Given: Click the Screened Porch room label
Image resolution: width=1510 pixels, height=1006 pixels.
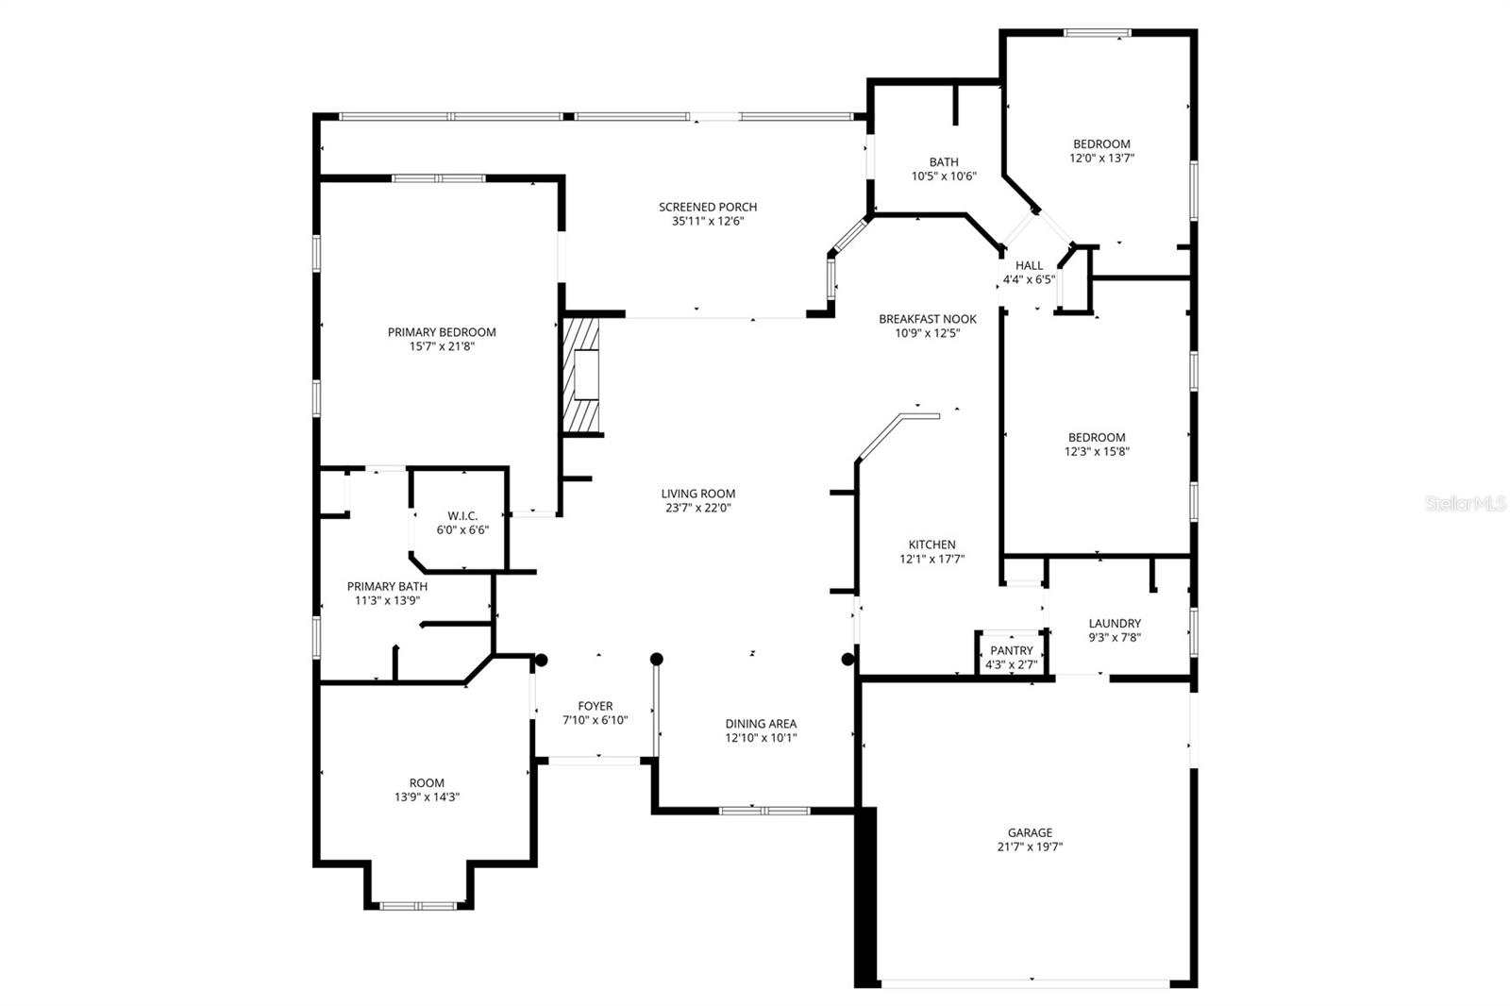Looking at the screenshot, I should tap(708, 208).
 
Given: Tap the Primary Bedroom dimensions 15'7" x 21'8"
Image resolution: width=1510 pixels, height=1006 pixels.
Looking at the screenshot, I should tap(442, 347).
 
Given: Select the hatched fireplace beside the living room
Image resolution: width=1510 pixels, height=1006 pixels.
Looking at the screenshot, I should tap(581, 376).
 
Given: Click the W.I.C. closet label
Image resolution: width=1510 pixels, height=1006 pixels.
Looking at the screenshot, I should tap(462, 516).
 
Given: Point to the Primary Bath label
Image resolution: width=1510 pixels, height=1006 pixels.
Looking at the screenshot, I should tap(387, 587).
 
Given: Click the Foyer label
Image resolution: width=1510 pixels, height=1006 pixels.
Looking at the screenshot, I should tap(595, 706).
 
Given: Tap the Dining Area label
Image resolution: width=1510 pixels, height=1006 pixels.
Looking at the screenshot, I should tap(761, 724).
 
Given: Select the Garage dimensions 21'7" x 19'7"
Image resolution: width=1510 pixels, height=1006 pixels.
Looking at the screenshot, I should tap(1030, 847).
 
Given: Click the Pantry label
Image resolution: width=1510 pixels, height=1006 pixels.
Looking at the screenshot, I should tap(1012, 651).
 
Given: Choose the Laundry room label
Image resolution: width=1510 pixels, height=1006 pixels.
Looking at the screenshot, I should tap(1115, 624).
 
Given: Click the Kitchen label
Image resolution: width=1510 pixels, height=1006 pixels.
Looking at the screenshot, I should tap(931, 545).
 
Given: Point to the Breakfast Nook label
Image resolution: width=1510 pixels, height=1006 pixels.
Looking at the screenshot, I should tap(928, 319).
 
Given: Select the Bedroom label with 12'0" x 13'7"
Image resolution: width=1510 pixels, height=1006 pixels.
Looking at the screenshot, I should tap(1101, 144).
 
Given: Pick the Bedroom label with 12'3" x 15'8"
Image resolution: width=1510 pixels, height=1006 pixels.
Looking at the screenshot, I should tap(1097, 438).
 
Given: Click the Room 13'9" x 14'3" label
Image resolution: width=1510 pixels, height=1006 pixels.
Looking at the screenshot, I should tap(427, 783).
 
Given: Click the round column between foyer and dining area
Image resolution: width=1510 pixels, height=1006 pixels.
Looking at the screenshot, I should tap(657, 659).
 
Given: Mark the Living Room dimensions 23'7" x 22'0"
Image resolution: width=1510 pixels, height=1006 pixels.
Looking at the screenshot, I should tap(698, 508).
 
